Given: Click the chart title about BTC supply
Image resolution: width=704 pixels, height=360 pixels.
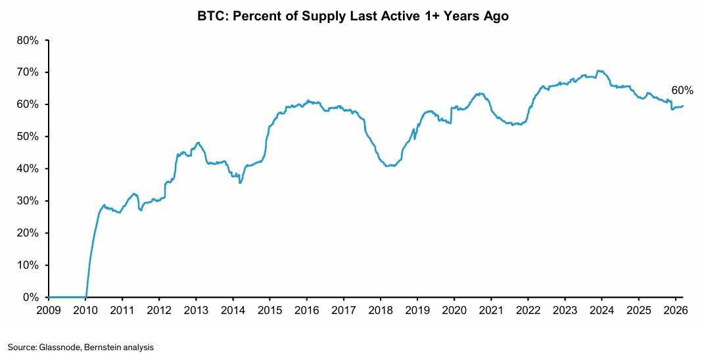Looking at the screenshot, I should (352, 16).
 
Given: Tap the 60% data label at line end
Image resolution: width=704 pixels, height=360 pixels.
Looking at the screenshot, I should (682, 91).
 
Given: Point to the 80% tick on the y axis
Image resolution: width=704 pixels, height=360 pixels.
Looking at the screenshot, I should (29, 40).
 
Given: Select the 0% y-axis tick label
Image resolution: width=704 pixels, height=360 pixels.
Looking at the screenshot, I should (32, 298).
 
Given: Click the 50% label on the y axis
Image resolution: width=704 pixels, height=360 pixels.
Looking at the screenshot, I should (29, 137).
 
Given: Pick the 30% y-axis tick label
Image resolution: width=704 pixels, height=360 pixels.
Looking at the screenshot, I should (29, 201).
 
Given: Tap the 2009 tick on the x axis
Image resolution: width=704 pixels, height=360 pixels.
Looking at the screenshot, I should (49, 309).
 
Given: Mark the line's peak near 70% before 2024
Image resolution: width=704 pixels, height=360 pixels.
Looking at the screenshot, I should (598, 70).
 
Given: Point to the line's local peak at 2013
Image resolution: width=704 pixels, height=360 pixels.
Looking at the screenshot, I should (197, 142).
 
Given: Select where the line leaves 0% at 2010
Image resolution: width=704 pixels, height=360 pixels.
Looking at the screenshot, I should (86, 297).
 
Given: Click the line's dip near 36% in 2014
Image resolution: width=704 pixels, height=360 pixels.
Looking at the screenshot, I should (240, 183).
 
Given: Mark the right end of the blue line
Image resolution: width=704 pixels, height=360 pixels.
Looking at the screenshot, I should (683, 106).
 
